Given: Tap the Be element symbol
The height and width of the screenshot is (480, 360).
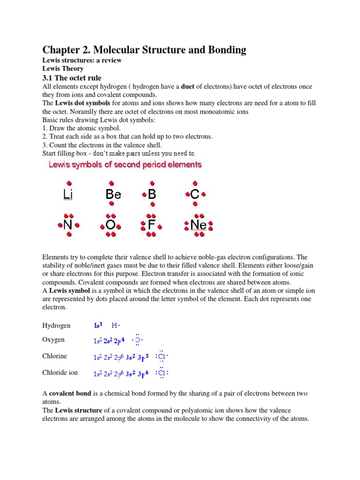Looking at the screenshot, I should (x=113, y=194).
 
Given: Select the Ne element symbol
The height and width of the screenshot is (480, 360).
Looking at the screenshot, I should (x=198, y=225).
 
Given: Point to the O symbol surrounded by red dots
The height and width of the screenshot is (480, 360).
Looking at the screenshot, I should (x=111, y=225).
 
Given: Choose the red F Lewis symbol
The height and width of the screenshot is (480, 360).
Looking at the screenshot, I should (x=151, y=225).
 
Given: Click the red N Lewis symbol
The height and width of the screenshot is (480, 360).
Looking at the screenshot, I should (x=68, y=225).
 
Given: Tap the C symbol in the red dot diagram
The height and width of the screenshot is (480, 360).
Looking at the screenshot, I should (x=195, y=194).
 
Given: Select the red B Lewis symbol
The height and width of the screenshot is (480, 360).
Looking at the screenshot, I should (x=152, y=194).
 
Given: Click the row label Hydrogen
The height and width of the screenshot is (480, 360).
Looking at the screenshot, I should (x=56, y=325).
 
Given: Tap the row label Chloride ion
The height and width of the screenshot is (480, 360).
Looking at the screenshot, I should (x=60, y=373).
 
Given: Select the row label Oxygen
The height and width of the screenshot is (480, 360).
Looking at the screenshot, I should (x=53, y=340).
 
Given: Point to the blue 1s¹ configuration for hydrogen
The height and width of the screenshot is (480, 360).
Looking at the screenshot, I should (x=98, y=325).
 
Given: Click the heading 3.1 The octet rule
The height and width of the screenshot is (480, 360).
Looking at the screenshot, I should (x=72, y=77).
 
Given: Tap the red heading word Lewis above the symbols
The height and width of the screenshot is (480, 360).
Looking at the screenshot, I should (x=59, y=165).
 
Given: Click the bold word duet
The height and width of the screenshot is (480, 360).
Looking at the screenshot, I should (x=188, y=87).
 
